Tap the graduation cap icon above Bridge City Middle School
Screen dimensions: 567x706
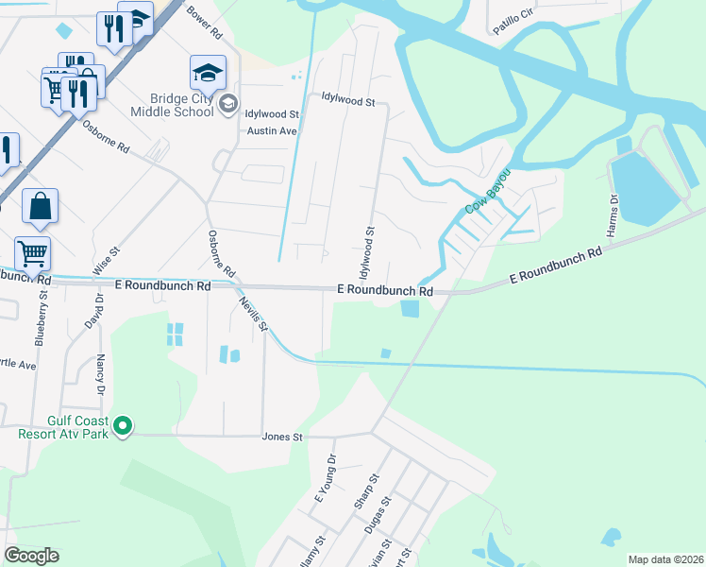point(208,71)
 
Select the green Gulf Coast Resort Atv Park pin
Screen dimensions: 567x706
point(122,428)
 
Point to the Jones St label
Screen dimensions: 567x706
point(281,437)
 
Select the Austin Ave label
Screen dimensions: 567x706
point(272,130)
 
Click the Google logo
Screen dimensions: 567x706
point(32,555)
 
